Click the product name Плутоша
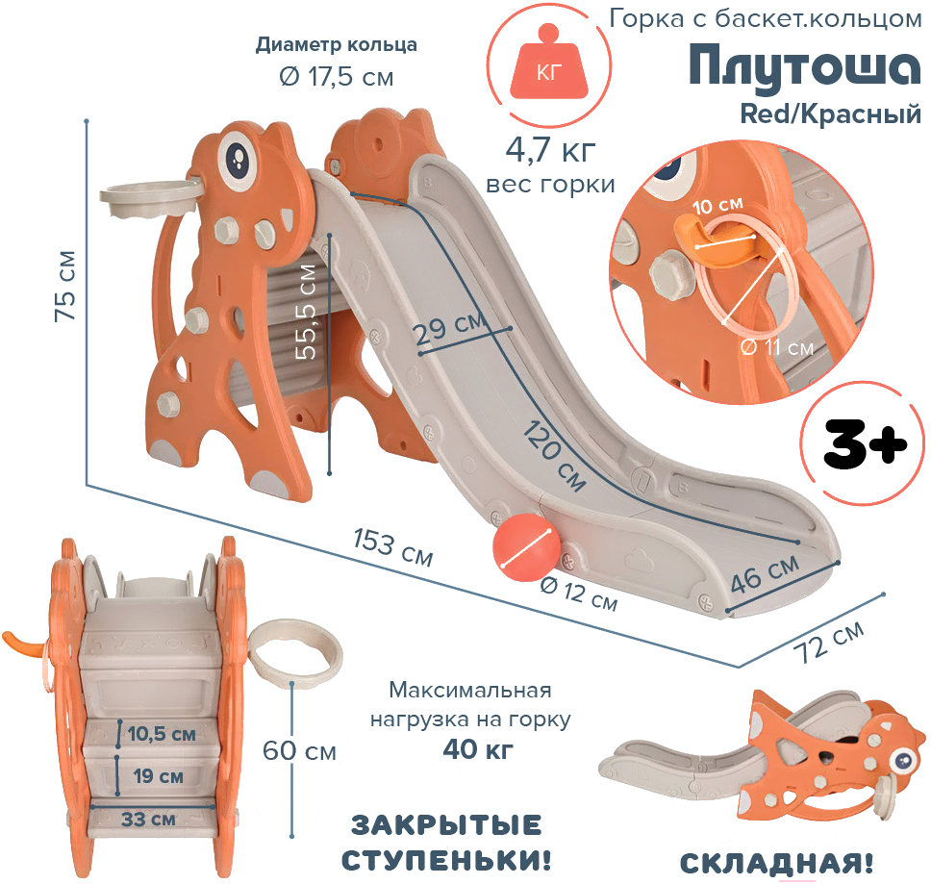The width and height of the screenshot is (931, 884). pyautogui.click(x=805, y=66)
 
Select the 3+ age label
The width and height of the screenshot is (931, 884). pyautogui.click(x=865, y=444)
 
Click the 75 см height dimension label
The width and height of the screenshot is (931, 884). pyautogui.click(x=65, y=286)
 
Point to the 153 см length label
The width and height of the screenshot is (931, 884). pyautogui.click(x=392, y=547)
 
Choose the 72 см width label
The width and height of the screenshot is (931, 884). pyautogui.click(x=829, y=642)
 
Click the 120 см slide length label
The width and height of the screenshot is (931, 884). pyautogui.click(x=555, y=455)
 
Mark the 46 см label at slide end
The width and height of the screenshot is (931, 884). pyautogui.click(x=765, y=574)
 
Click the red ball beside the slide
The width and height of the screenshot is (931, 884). pyautogui.click(x=526, y=546)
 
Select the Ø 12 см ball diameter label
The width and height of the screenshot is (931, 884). pyautogui.click(x=579, y=594)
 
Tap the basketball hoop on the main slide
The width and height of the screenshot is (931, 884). pyautogui.click(x=151, y=199)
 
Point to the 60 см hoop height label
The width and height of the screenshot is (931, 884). pyautogui.click(x=299, y=751)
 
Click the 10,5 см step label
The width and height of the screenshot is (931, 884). pyautogui.click(x=162, y=734)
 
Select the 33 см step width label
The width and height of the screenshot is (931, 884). pyautogui.click(x=148, y=820)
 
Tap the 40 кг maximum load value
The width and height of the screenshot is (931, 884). pyautogui.click(x=478, y=749)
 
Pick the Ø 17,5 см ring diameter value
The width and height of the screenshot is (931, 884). pyautogui.click(x=336, y=77)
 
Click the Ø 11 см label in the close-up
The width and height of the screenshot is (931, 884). pyautogui.click(x=776, y=346)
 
